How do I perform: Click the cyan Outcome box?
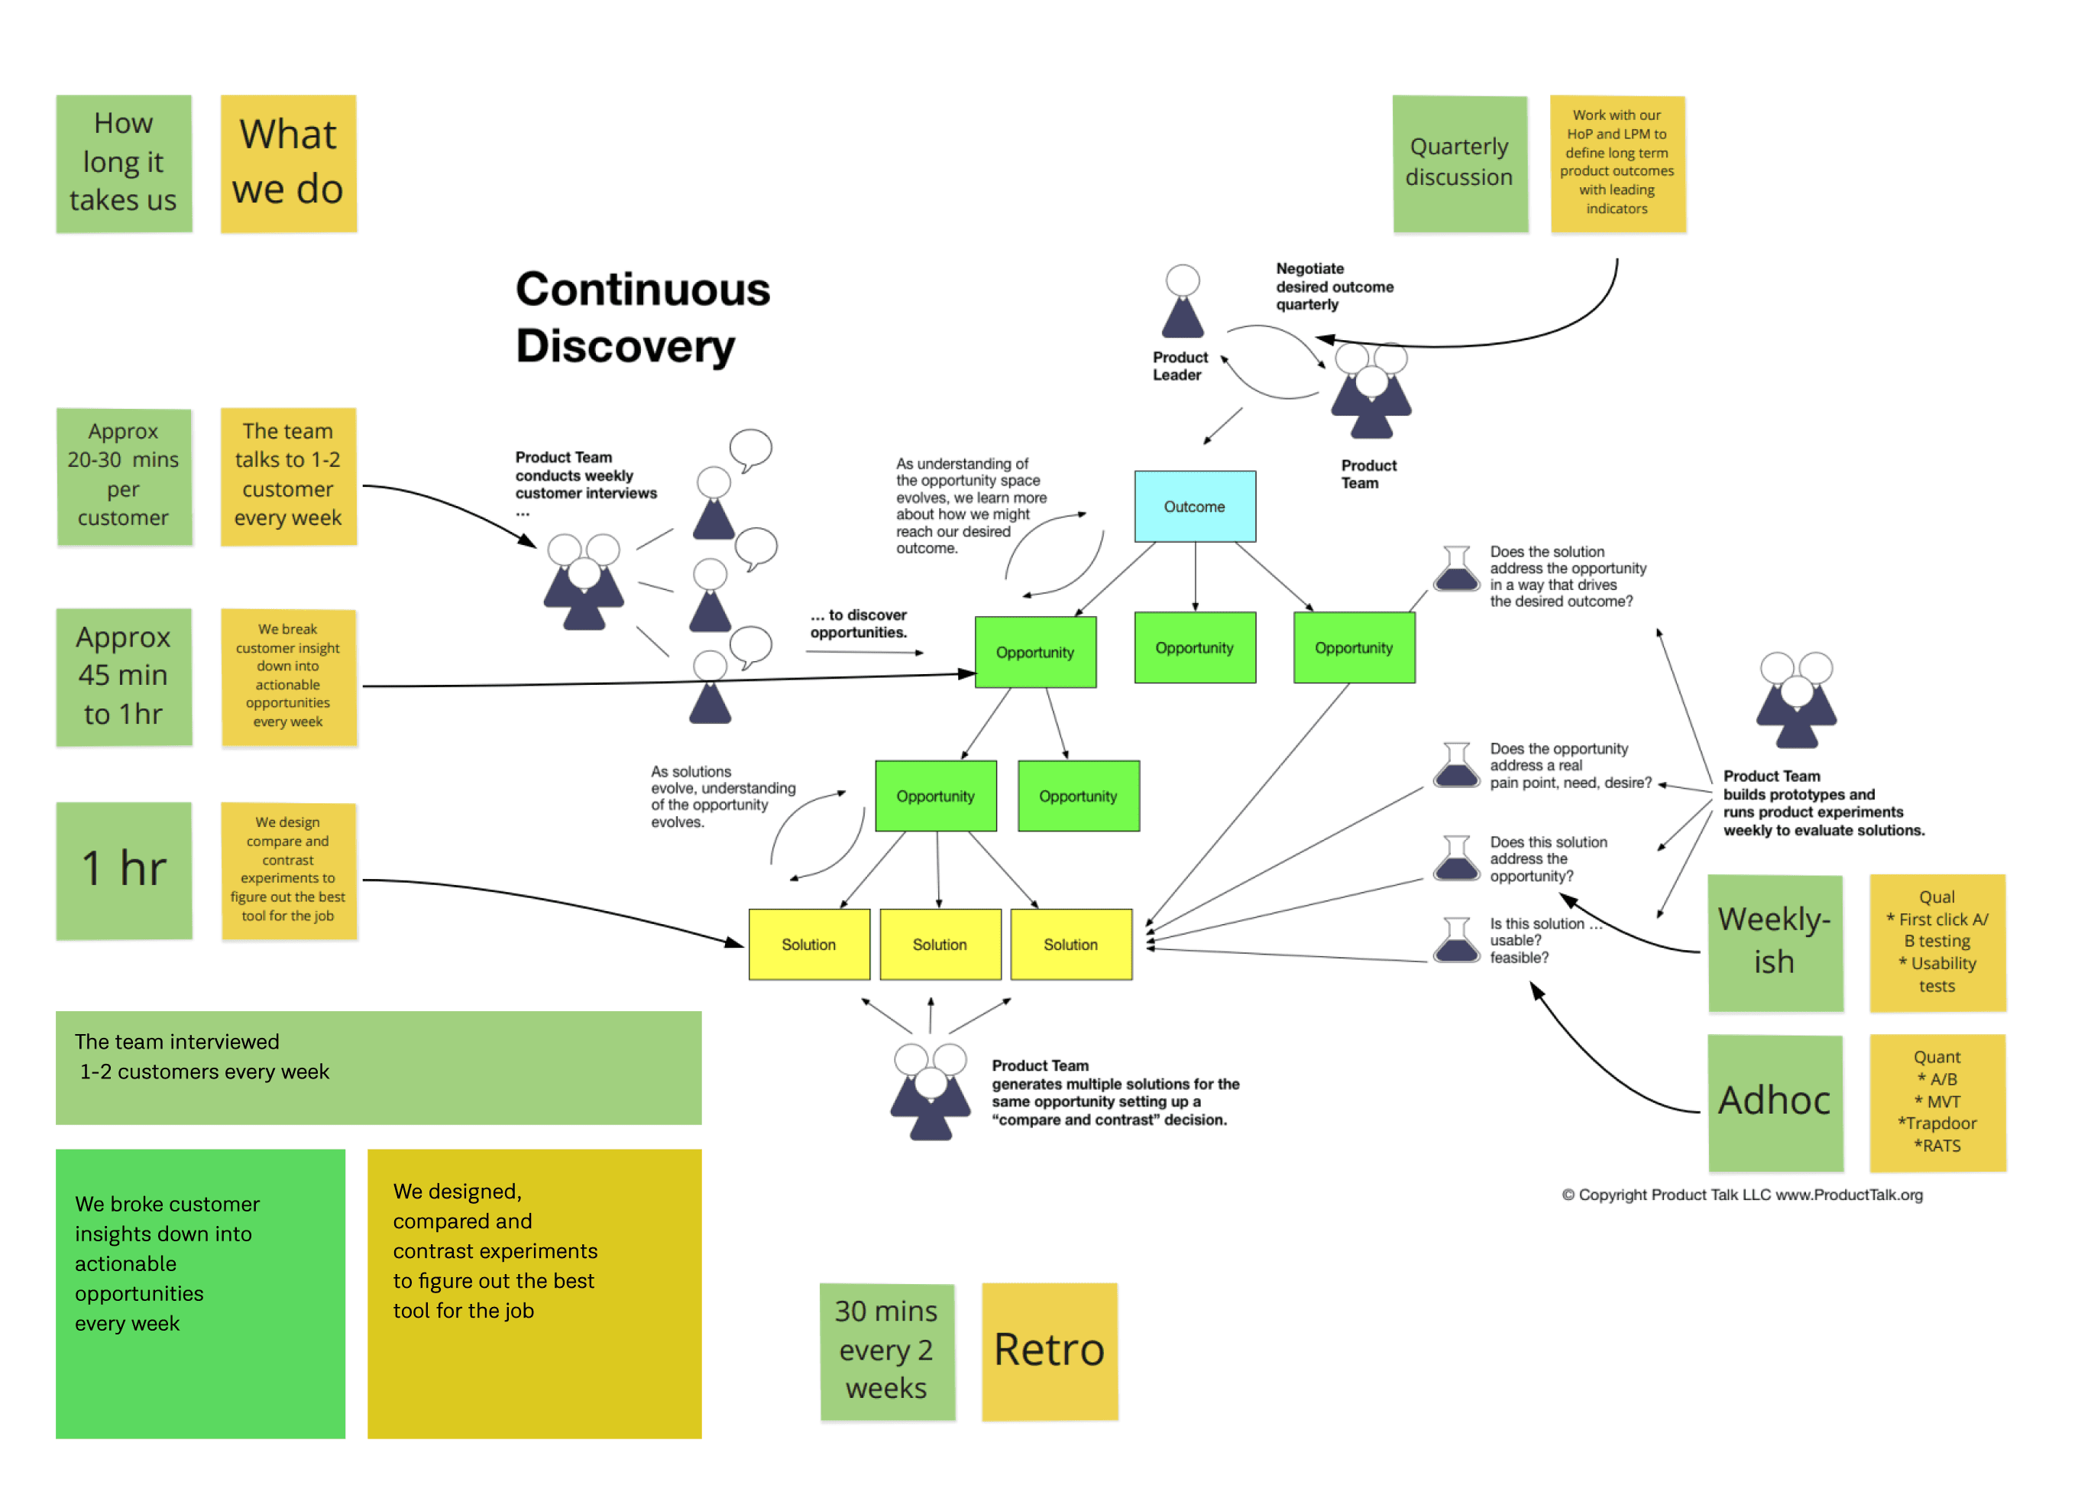click(x=1195, y=506)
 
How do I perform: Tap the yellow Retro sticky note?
click(x=1050, y=1351)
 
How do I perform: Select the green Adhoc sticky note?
click(x=1775, y=1103)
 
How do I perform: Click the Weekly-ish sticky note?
click(x=1775, y=942)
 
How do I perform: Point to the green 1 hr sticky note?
click(x=124, y=871)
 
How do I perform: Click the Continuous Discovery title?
click(x=643, y=317)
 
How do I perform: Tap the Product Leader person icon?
click(x=1183, y=302)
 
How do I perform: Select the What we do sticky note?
click(x=289, y=163)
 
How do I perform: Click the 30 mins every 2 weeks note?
click(x=887, y=1351)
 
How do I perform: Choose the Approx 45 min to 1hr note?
click(x=124, y=677)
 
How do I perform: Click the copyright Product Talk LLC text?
click(x=1743, y=1195)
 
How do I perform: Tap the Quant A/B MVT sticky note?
click(x=1938, y=1103)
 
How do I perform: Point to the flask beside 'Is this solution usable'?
click(x=1457, y=939)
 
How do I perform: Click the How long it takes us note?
click(x=124, y=163)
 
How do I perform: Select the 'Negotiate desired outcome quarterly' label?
click(x=1335, y=286)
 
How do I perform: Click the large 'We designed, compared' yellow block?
click(x=534, y=1293)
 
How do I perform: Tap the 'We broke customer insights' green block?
click(x=201, y=1293)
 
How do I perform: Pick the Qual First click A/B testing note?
click(x=1938, y=942)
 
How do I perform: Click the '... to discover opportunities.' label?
click(x=859, y=623)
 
